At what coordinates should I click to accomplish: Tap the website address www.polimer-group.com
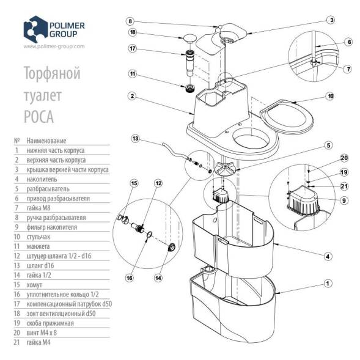53,46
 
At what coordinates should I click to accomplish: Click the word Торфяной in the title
51,75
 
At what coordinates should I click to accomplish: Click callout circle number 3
330,20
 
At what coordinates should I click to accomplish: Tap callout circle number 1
328,283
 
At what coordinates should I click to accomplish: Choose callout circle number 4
328,256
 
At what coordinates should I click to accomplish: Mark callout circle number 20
344,157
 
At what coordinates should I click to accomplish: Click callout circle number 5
328,145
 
